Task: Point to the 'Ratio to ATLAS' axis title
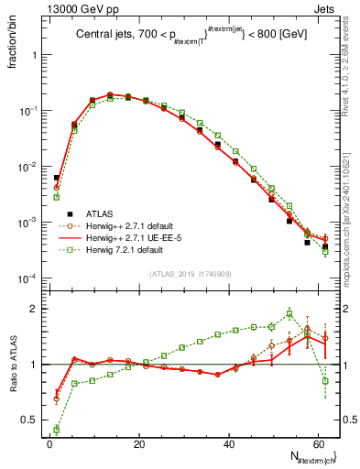(12, 365)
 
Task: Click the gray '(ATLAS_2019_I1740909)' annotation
(191, 273)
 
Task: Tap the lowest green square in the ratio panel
(57, 429)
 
